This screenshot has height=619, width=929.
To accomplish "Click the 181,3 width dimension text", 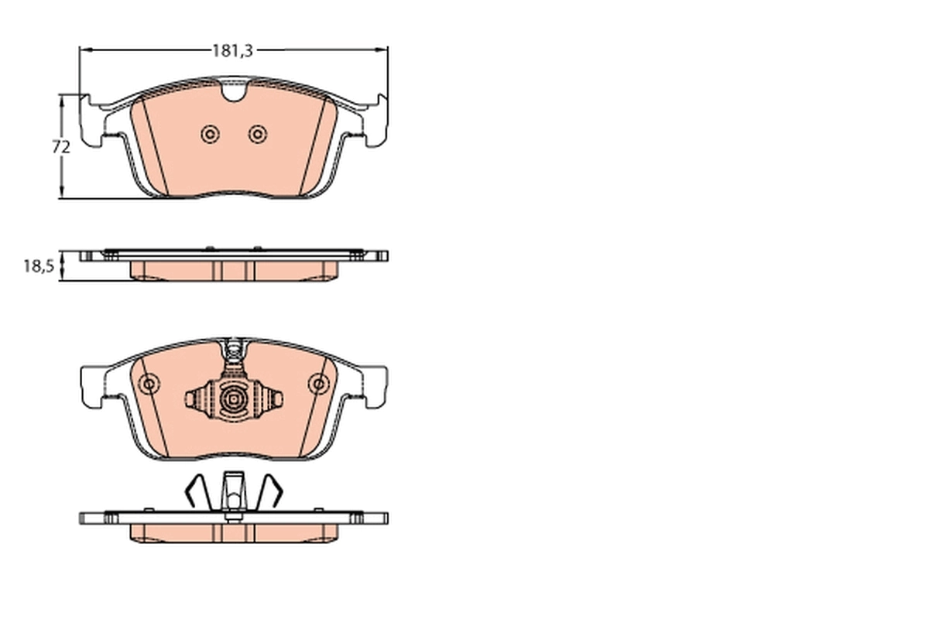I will click(233, 50).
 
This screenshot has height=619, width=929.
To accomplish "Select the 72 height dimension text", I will click(62, 146).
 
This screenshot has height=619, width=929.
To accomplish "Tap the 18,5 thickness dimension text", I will click(38, 266).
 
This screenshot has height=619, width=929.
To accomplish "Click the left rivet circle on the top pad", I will click(209, 135).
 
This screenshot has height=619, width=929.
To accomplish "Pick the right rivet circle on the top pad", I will click(257, 135).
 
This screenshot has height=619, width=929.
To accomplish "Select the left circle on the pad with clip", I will click(149, 384).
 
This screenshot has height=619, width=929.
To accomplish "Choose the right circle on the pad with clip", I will click(317, 384).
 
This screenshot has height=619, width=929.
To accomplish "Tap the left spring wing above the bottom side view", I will click(194, 492).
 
